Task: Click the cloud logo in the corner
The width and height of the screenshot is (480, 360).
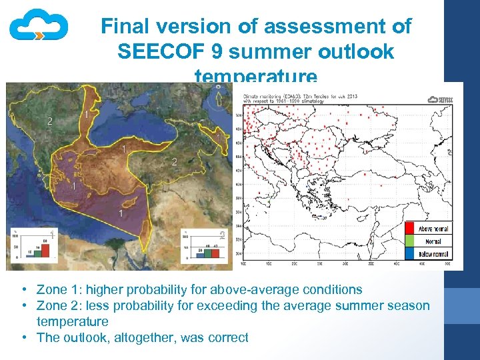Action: (x=38, y=27)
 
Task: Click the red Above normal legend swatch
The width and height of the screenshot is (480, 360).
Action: (x=411, y=229)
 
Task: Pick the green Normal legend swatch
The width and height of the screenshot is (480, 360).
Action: (x=411, y=241)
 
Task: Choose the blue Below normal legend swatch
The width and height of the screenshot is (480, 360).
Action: (x=411, y=253)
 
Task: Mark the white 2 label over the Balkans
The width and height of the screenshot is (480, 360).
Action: (x=49, y=121)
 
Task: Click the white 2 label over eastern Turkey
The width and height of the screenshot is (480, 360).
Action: (x=174, y=162)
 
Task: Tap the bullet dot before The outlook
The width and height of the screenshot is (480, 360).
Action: (x=23, y=337)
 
